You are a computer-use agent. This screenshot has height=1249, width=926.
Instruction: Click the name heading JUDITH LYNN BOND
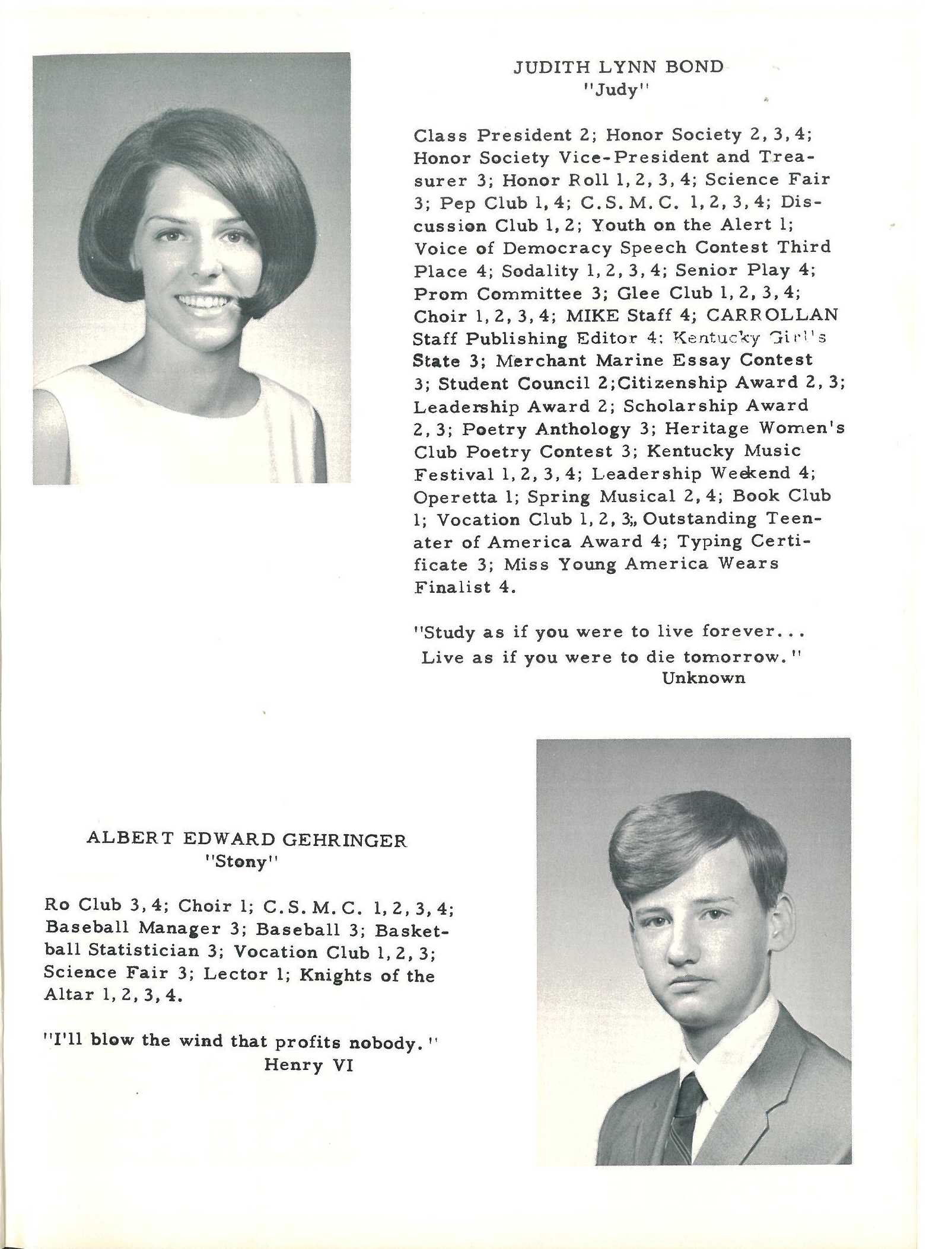coord(618,66)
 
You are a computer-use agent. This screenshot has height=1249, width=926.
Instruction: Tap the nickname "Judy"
coord(618,90)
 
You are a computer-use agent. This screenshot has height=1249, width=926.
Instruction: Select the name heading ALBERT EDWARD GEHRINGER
coord(247,839)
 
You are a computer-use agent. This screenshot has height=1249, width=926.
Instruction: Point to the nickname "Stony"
coord(241,861)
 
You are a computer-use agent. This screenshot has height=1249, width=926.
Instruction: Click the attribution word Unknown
coord(704,678)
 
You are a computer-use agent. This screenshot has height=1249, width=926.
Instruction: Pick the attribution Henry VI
coord(308,1065)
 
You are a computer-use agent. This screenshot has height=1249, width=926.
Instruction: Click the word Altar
coord(69,995)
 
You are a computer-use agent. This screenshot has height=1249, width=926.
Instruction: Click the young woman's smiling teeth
coord(203,302)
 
